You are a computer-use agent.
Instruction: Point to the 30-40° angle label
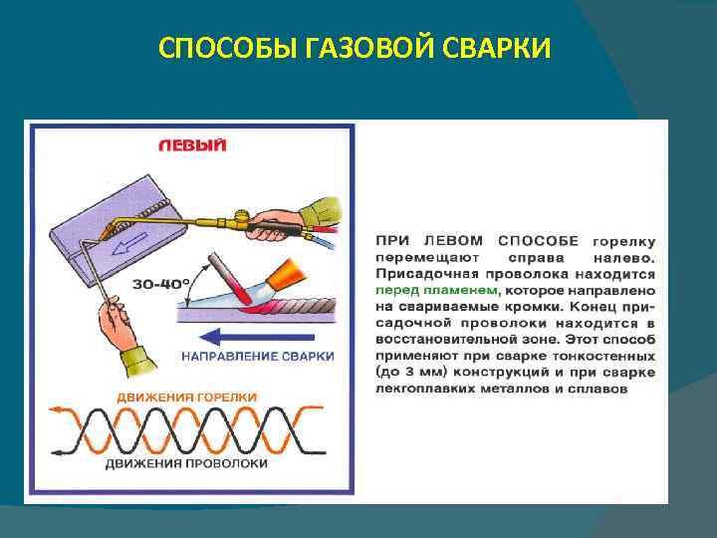(x=161, y=284)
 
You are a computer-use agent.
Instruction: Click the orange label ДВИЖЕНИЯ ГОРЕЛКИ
(x=187, y=396)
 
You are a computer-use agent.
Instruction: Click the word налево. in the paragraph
(x=622, y=256)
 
